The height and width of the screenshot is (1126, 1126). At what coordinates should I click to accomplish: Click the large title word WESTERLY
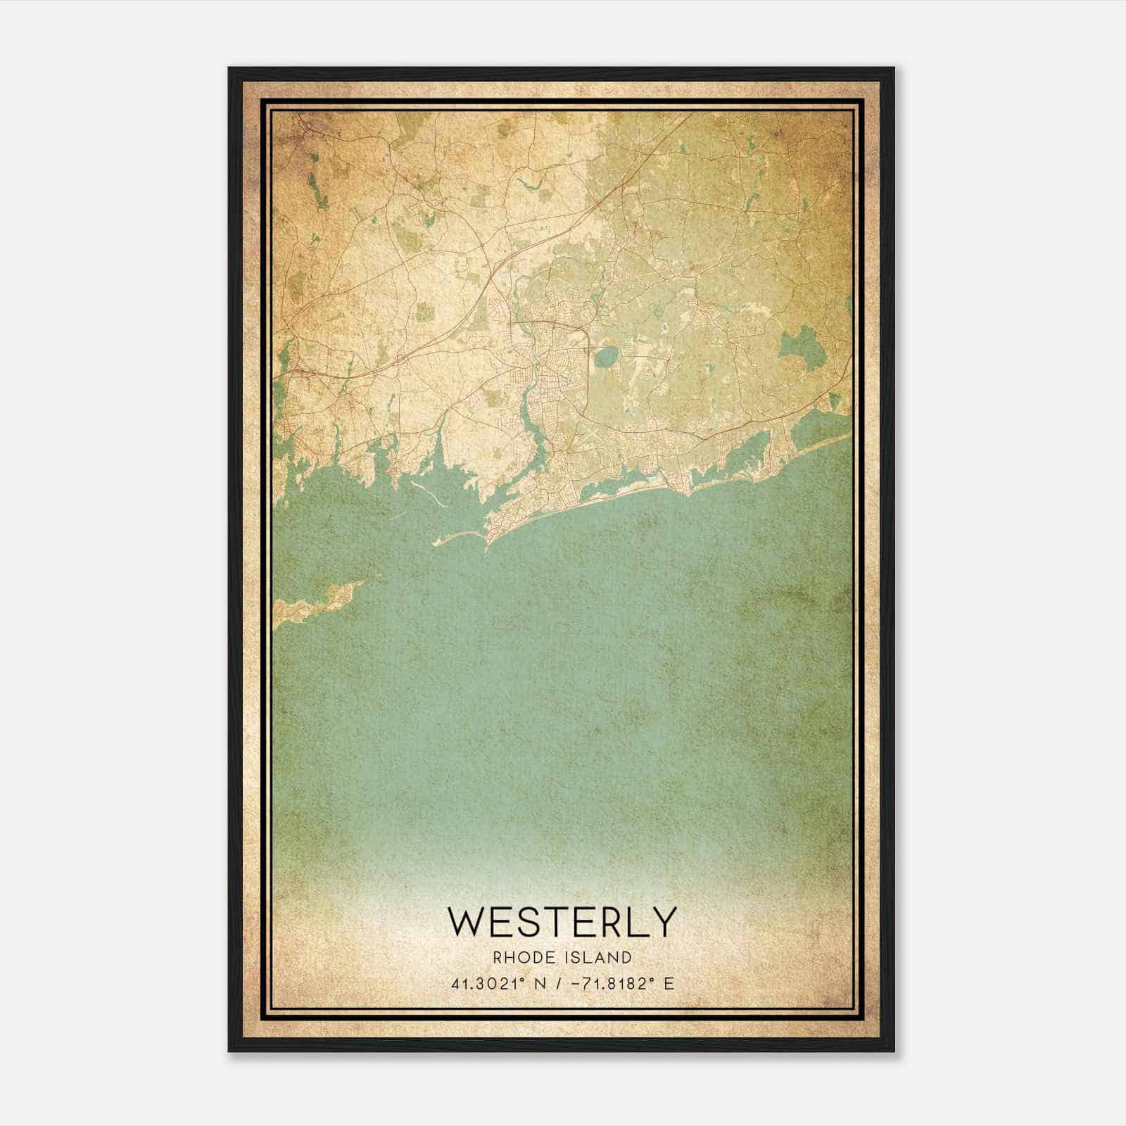click(562, 922)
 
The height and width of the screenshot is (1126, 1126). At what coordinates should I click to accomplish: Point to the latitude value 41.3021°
click(490, 983)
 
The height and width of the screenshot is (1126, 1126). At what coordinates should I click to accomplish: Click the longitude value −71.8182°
click(609, 983)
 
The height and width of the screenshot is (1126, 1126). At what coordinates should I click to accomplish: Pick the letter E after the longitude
click(669, 983)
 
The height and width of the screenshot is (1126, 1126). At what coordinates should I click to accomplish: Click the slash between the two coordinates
click(558, 983)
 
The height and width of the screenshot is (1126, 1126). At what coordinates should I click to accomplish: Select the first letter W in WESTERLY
click(469, 922)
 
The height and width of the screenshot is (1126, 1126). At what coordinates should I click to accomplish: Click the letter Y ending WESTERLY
click(663, 922)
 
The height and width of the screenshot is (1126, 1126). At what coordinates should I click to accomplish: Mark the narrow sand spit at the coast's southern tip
click(461, 538)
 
